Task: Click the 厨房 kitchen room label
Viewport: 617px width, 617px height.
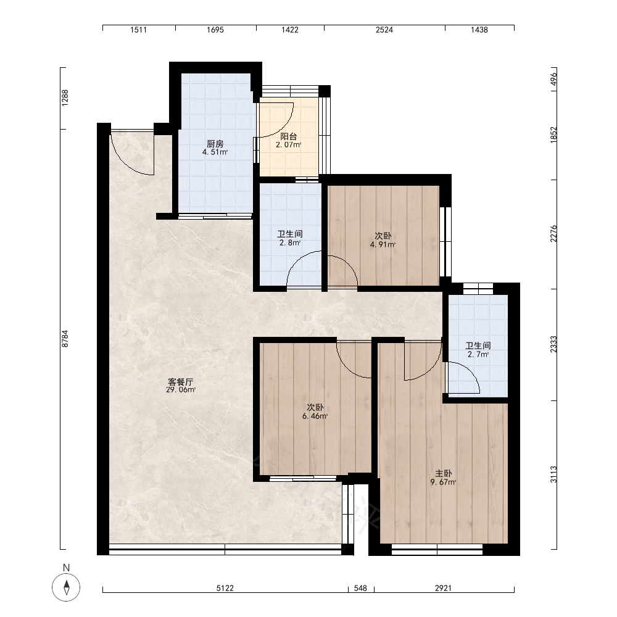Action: tap(215, 144)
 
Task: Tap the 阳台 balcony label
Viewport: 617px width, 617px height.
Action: tap(288, 136)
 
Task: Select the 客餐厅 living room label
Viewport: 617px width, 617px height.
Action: tap(181, 382)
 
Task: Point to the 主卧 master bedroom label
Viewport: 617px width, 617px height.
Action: tap(443, 473)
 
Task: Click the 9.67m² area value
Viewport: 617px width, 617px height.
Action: tap(443, 482)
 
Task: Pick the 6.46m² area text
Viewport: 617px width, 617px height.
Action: tap(315, 416)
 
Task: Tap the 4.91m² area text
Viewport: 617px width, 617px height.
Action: tap(383, 244)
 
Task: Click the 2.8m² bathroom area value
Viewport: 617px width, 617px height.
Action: tap(290, 242)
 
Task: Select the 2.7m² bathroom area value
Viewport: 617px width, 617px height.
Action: tap(478, 354)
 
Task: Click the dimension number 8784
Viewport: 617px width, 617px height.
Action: tap(65, 338)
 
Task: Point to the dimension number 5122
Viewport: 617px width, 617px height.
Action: tap(225, 588)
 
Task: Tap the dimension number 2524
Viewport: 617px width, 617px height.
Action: tap(384, 30)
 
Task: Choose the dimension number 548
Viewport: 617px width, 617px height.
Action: tap(360, 588)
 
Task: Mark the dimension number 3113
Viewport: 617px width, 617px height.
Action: tap(553, 474)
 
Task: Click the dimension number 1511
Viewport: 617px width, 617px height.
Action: tap(138, 30)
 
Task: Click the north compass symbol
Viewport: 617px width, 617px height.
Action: tap(66, 587)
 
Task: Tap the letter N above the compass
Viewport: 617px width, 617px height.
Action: tap(66, 568)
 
